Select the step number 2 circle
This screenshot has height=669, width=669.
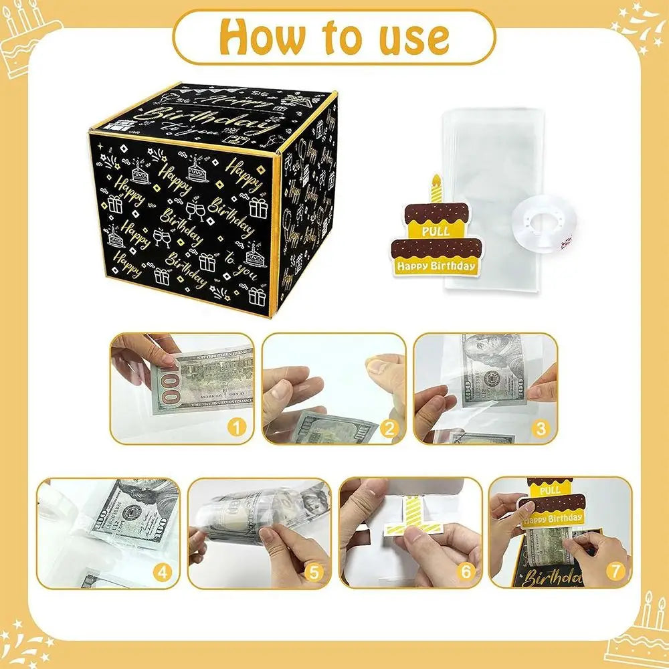coord(390,426)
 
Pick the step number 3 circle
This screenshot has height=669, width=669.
coord(541,426)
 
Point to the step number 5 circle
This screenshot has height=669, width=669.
coord(314,572)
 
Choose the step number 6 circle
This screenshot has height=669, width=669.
coord(466,572)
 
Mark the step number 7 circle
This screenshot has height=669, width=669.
coord(616,572)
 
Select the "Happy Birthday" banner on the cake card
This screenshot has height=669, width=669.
coord(436,266)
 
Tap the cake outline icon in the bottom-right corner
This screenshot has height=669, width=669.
coord(636,629)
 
